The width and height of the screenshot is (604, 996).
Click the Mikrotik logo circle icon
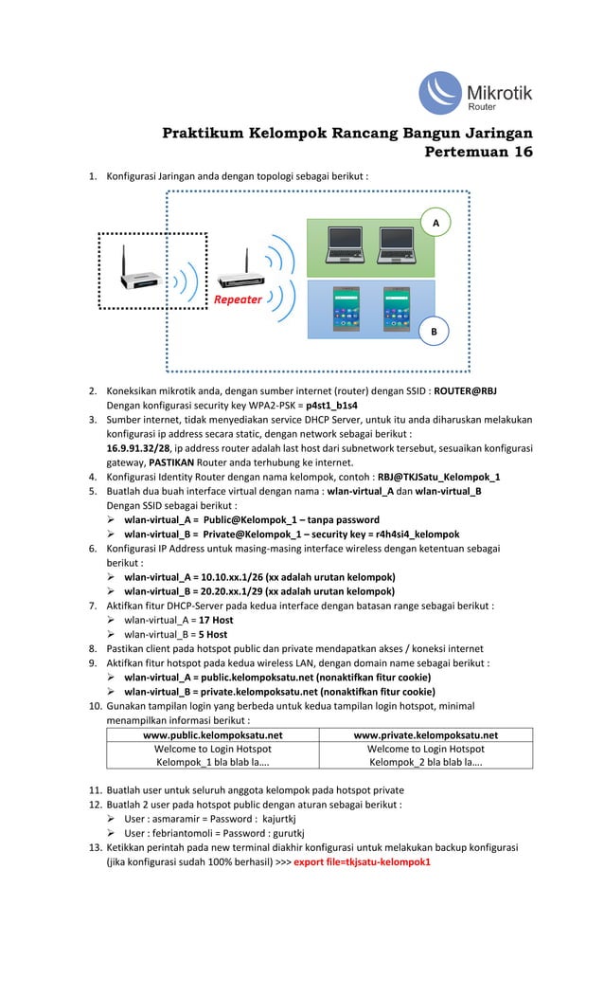(x=442, y=93)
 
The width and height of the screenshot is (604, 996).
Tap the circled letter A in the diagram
(x=436, y=221)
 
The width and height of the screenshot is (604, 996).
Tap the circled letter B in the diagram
(x=435, y=332)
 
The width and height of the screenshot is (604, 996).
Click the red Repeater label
(x=238, y=299)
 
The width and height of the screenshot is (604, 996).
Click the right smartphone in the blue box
(x=397, y=307)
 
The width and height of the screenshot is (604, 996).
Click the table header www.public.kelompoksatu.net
(x=212, y=734)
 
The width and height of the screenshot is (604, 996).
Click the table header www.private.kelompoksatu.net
(x=426, y=734)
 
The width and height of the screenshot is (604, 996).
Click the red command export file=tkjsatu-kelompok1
(x=362, y=861)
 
